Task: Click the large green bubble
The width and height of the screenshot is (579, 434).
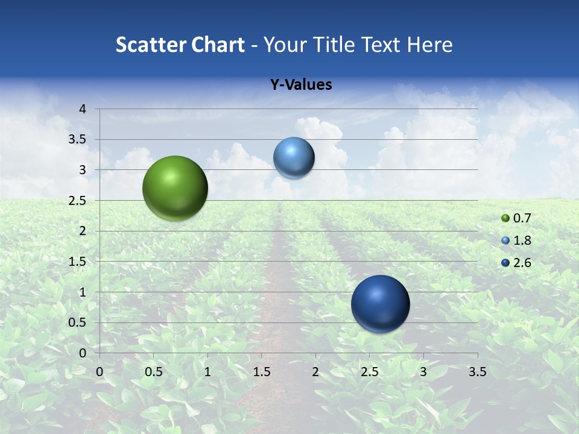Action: tap(175, 188)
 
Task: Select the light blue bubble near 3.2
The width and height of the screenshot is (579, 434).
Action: tap(294, 158)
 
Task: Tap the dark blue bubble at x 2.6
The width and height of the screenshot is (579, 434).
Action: tap(380, 304)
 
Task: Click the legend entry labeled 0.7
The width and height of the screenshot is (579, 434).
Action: tap(521, 218)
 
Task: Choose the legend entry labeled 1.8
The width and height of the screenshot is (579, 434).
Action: tap(521, 241)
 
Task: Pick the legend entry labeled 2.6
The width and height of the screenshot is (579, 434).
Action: tap(521, 263)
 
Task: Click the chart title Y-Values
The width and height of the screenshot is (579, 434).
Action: tap(301, 85)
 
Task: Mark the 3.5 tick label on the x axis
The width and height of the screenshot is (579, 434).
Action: tap(477, 372)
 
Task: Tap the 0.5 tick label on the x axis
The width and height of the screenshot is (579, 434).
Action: tap(154, 372)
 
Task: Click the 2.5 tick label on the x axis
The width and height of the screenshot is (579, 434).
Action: tap(369, 372)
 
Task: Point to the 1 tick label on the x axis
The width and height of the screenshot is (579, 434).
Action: tap(207, 372)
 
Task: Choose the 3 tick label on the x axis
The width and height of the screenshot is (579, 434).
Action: tap(423, 372)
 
